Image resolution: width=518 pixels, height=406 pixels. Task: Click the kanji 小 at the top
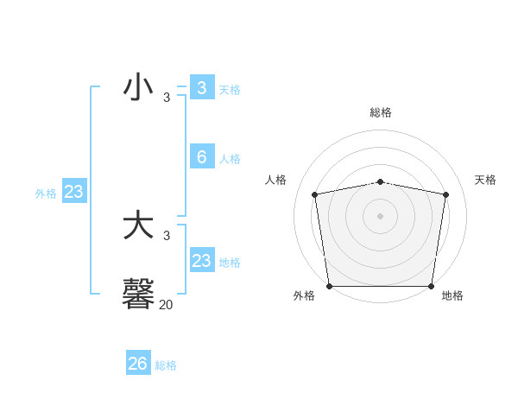pos(138,88)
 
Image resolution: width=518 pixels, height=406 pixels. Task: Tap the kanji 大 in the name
pos(138,226)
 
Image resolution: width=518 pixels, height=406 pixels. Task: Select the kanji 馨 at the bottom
pos(138,294)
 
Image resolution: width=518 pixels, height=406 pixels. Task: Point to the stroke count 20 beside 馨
pos(166,304)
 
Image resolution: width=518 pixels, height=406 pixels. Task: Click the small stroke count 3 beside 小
pos(167,97)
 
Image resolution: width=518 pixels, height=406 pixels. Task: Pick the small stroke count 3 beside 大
pos(167,235)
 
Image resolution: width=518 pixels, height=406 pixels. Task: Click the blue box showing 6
pos(201,157)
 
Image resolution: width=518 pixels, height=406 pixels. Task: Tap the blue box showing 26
pos(137,364)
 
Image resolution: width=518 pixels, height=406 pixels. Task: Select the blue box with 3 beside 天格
pos(201,88)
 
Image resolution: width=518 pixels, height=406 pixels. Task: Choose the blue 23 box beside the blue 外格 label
pos(73,192)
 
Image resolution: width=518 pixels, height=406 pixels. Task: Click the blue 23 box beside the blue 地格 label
pos(201,261)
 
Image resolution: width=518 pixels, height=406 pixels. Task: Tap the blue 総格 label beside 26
pos(166,365)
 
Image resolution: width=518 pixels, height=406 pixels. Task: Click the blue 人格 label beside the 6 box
pos(230,159)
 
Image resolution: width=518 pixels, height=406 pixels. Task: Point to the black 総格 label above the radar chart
pos(380,112)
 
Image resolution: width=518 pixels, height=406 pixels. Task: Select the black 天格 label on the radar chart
pos(485,180)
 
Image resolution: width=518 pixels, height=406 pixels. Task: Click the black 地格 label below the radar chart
pos(452,296)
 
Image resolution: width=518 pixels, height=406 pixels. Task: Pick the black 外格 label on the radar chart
pos(304,296)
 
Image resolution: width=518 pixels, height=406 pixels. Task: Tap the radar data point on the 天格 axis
pos(445,194)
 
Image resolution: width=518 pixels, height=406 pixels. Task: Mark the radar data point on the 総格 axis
pos(380,181)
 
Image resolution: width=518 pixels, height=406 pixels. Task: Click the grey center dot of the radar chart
pos(380,215)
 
